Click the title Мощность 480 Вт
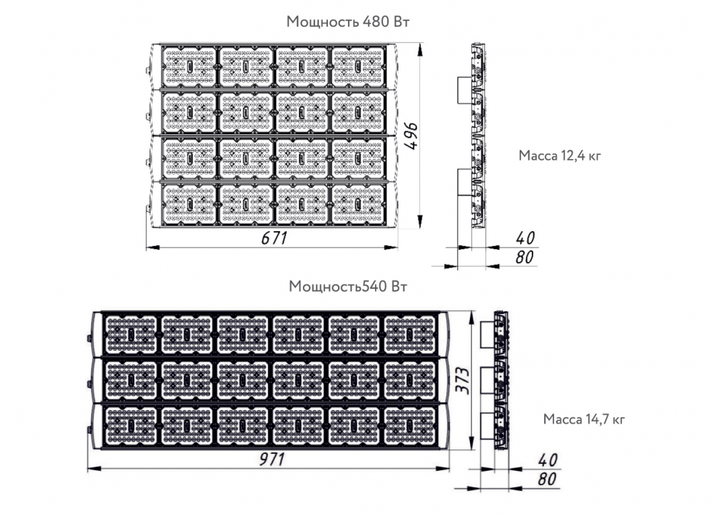348,22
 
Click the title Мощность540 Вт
348,286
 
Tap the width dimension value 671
275,238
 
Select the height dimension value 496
411,136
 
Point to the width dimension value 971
272,459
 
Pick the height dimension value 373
463,380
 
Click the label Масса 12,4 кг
560,156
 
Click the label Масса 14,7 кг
584,419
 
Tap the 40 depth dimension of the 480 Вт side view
525,238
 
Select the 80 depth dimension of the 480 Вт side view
524,257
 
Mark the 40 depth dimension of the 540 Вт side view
548,459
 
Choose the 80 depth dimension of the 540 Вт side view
547,479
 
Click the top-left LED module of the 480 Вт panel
189,66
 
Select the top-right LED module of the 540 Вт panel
410,335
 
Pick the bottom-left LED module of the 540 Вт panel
131,425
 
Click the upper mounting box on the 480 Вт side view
465,90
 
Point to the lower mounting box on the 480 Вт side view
465,182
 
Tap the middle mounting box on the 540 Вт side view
488,380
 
